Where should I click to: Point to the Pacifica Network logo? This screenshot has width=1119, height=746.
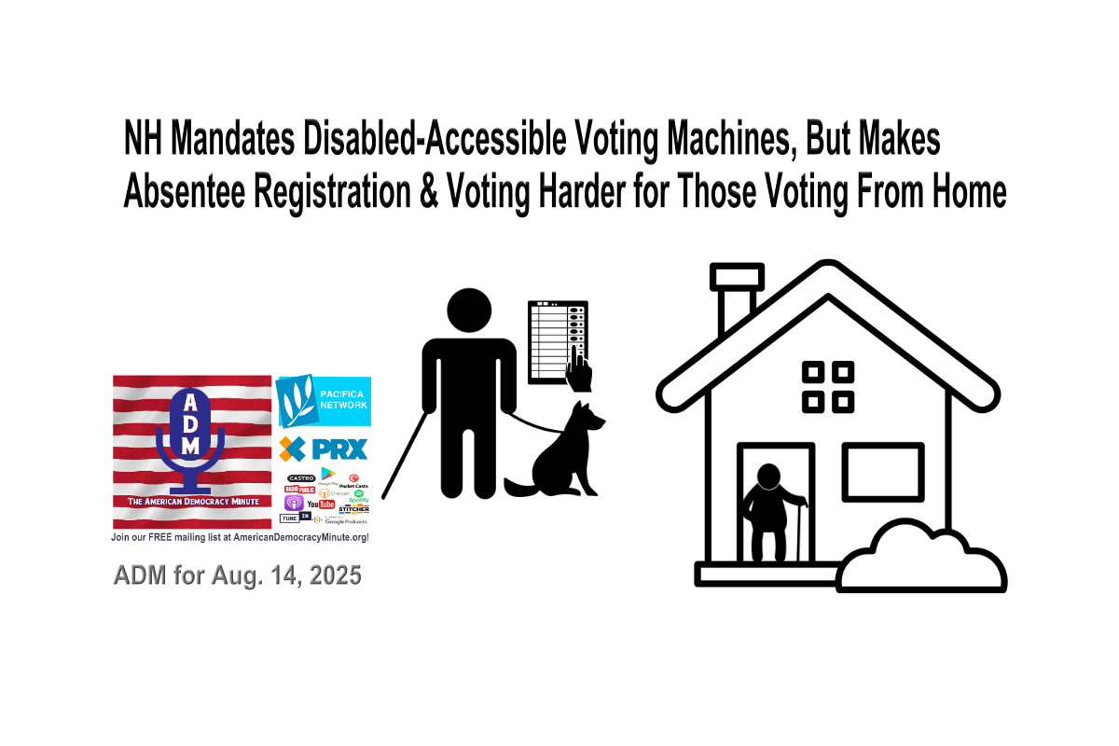point(324,401)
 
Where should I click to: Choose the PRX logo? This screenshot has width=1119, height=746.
point(324,449)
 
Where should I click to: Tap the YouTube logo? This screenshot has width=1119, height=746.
point(320,504)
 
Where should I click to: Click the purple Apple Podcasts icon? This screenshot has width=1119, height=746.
point(291,504)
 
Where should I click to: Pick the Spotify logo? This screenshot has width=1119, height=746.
point(359,497)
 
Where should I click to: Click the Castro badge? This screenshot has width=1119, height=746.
point(300,477)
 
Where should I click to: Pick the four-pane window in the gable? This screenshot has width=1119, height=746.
point(828,387)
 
